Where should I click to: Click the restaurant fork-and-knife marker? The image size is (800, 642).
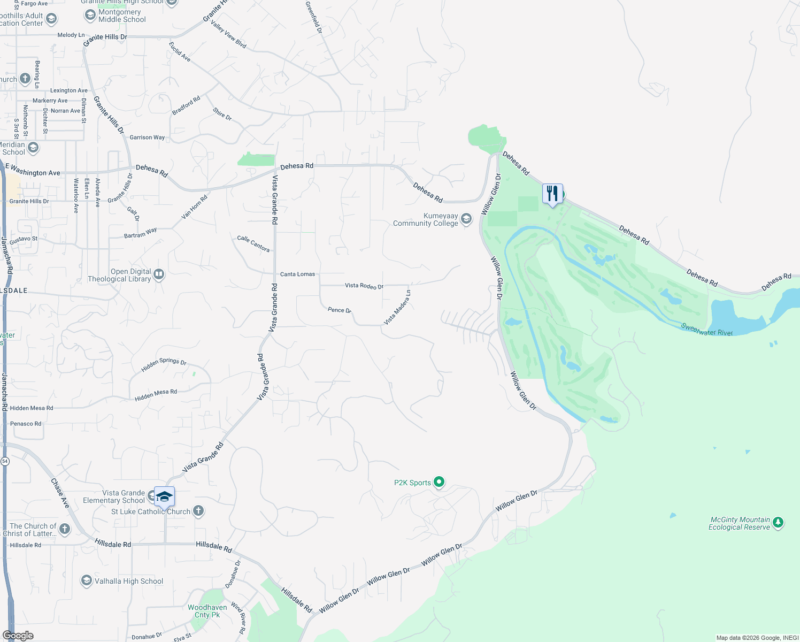[552, 194]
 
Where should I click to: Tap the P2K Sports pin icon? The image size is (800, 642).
[439, 482]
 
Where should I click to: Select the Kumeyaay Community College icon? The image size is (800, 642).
[466, 218]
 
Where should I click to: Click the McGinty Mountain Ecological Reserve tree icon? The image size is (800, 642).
[778, 523]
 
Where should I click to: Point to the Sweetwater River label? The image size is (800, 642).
[706, 329]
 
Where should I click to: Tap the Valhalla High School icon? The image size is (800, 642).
[86, 581]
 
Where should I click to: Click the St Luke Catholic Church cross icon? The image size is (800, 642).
[198, 511]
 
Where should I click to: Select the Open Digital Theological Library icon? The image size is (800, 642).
[158, 274]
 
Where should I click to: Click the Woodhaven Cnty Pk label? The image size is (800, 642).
[207, 611]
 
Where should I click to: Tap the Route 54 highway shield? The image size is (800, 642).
[5, 461]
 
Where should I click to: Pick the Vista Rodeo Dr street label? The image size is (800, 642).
[364, 286]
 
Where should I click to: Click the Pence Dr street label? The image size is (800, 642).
[339, 310]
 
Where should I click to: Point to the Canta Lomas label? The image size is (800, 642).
[297, 274]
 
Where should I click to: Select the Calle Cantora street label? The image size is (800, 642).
[253, 243]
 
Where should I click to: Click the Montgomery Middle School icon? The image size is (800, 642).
[90, 16]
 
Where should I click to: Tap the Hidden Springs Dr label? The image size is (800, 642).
[164, 364]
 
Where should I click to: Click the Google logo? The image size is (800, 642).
[18, 636]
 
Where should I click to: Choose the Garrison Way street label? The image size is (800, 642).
[147, 137]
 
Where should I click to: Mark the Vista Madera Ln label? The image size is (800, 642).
[397, 308]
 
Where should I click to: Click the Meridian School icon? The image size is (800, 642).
[33, 148]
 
